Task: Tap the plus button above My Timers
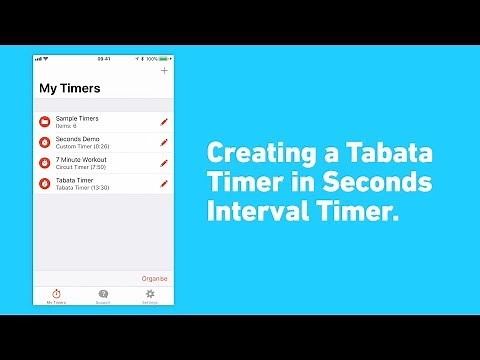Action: click(x=164, y=71)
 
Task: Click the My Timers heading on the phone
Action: click(x=69, y=88)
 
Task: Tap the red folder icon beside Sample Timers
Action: click(x=45, y=122)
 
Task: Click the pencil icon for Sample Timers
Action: click(x=164, y=122)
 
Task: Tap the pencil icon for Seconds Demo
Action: click(x=164, y=142)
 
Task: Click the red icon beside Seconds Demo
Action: click(x=45, y=142)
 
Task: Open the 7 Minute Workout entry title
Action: click(x=81, y=159)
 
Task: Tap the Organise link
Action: click(x=155, y=278)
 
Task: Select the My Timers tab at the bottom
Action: click(x=57, y=296)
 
